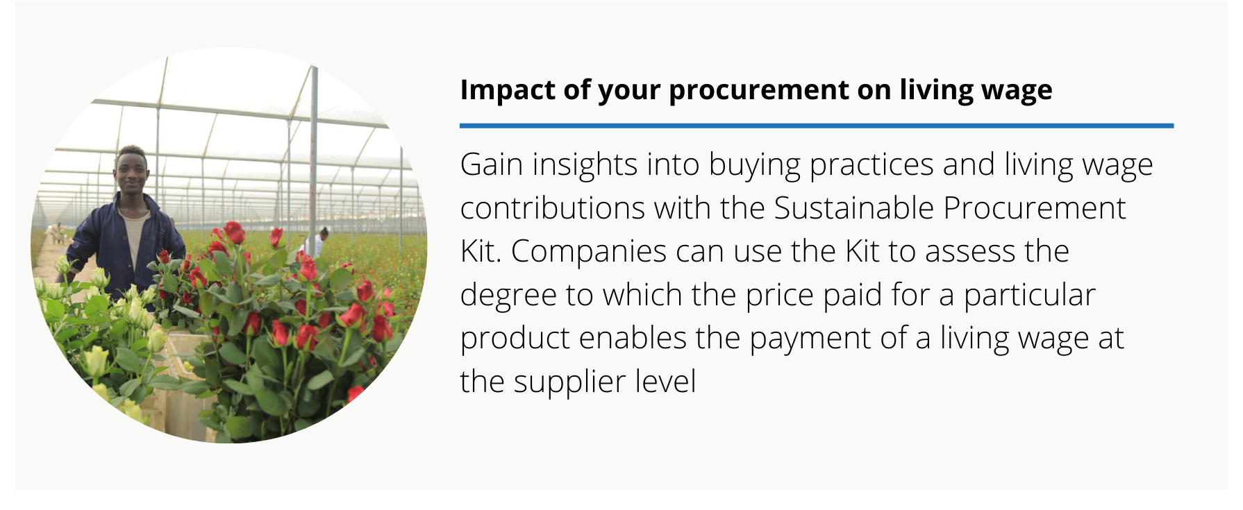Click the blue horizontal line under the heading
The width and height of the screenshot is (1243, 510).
tap(817, 126)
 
